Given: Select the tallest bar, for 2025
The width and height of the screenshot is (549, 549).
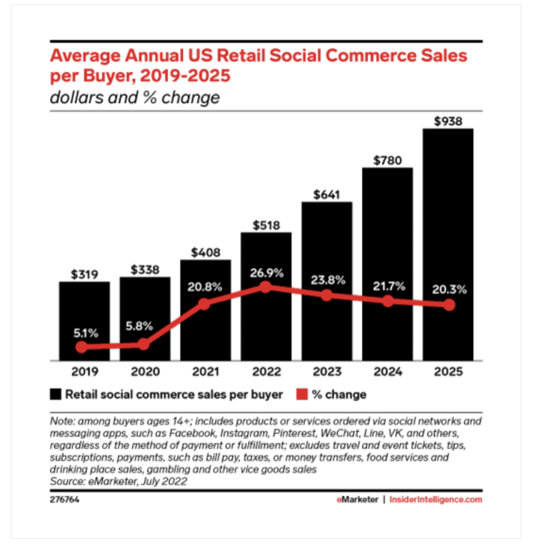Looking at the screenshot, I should [448, 243].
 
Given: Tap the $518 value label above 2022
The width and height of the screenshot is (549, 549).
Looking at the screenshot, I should [266, 224].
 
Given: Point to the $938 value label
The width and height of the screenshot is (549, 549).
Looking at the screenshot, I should [448, 120].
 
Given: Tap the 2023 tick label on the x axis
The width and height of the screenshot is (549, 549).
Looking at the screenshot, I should [327, 372].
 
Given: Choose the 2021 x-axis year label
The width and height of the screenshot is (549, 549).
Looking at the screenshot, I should [205, 372].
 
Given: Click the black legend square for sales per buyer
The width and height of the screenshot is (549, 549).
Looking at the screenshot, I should [55, 395].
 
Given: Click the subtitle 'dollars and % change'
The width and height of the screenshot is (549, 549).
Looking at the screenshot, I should [134, 97].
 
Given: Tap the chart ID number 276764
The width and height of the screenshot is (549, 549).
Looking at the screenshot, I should [64, 500].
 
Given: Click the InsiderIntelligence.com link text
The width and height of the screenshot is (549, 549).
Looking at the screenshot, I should [435, 500].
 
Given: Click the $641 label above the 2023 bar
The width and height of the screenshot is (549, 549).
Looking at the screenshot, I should [327, 194].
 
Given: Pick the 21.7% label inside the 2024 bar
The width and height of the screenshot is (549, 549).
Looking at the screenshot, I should [387, 286].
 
